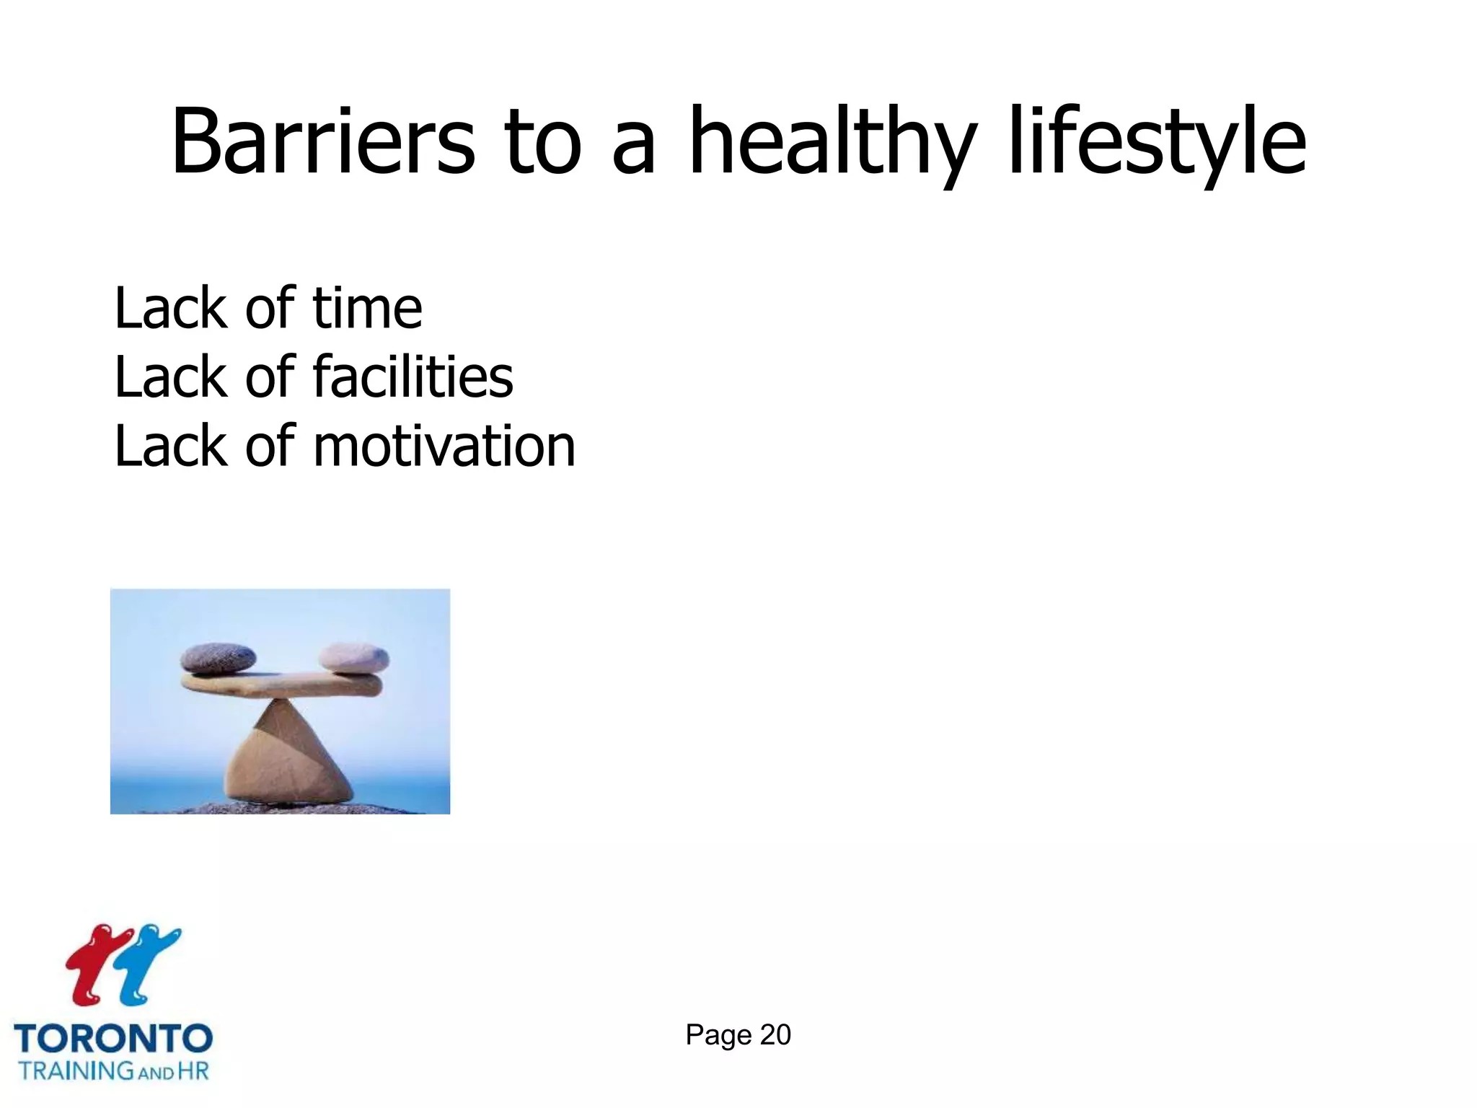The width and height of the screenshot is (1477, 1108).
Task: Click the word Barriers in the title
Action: pyautogui.click(x=322, y=141)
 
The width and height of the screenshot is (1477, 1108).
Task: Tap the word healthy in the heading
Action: pyautogui.click(x=832, y=141)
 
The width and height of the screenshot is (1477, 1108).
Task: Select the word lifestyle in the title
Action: pyautogui.click(x=1157, y=141)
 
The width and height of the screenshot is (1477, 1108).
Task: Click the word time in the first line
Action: pyautogui.click(x=367, y=308)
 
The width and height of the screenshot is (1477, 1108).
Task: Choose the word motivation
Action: pyautogui.click(x=444, y=446)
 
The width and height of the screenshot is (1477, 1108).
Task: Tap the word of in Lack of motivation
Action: pyautogui.click(x=270, y=446)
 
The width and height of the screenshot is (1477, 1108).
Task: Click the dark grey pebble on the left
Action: pyautogui.click(x=218, y=657)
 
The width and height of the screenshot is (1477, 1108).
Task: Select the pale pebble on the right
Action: pyautogui.click(x=353, y=657)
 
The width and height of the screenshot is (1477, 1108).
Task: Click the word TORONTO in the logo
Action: pyautogui.click(x=113, y=1039)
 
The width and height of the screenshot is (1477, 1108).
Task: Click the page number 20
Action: pyautogui.click(x=775, y=1035)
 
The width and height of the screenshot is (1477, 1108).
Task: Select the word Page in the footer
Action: pyautogui.click(x=718, y=1035)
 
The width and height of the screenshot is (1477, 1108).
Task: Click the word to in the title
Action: pyautogui.click(x=542, y=141)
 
